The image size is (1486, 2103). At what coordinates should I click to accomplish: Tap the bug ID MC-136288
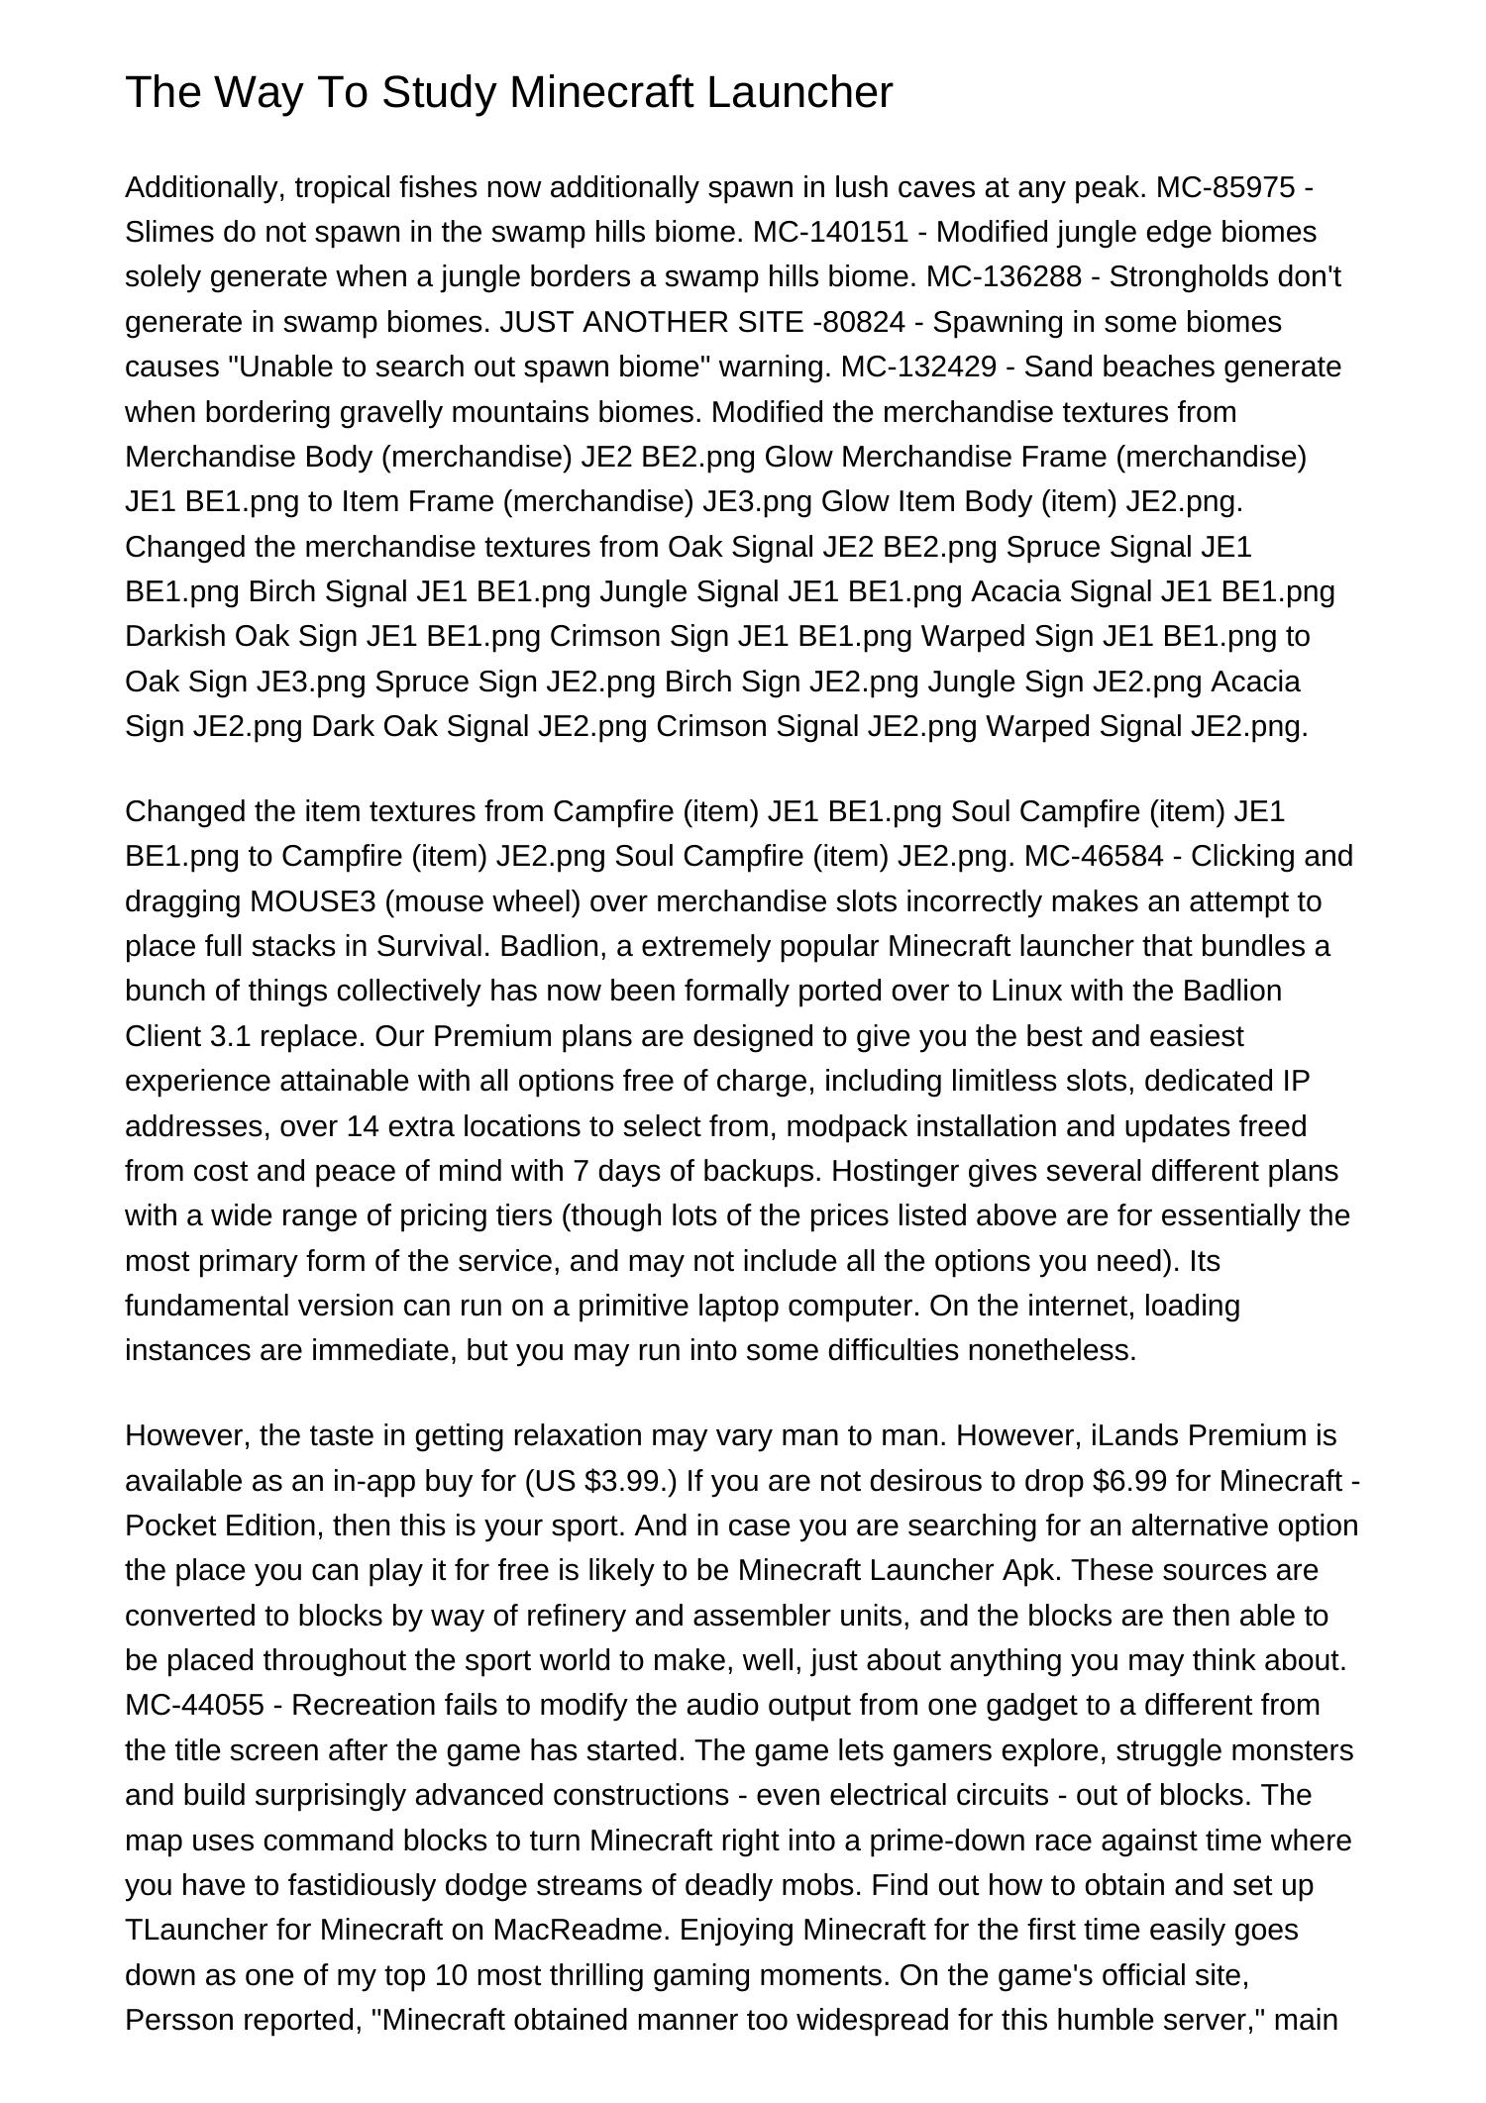(1004, 276)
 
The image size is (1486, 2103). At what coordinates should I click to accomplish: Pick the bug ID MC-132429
(918, 367)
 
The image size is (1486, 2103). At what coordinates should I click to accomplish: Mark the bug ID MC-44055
(194, 1705)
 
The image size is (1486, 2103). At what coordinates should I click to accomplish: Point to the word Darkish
(175, 636)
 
